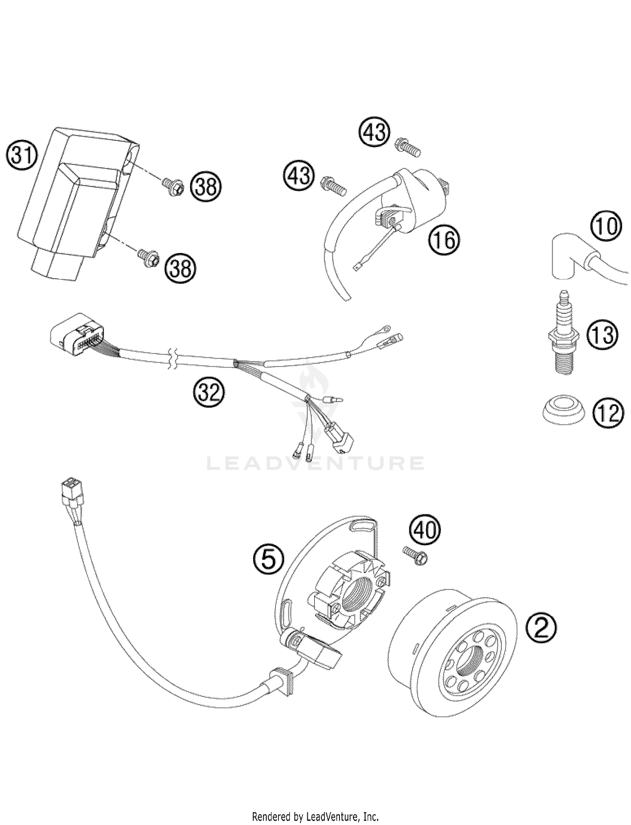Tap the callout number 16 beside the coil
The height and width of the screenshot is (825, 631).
444,240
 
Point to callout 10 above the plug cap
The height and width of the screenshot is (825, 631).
607,226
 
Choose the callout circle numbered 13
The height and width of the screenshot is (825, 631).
602,335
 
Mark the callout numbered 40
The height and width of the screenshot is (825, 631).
424,530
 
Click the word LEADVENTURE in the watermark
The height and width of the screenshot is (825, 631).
315,463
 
